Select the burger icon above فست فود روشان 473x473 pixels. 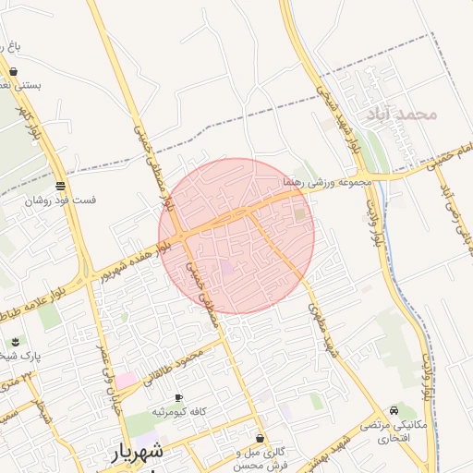(60, 185)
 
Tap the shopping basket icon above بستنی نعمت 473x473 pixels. (14, 70)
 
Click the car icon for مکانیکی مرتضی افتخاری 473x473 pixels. (394, 410)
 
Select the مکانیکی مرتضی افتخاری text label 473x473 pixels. (398, 431)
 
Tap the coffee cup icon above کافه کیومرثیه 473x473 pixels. (179, 396)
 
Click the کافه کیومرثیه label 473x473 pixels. (179, 411)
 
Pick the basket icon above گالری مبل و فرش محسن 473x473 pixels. (260, 438)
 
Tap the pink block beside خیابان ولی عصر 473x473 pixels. (125, 380)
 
